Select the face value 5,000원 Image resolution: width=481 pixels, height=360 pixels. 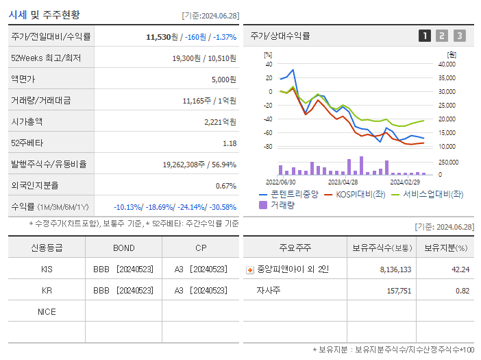pos(223,80)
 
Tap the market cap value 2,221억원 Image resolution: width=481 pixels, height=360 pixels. pos(220,122)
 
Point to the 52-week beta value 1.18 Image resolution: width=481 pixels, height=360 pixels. pos(230,143)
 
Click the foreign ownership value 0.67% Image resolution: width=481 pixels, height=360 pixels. pos(225,186)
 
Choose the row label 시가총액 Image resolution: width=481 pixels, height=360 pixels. pos(27,122)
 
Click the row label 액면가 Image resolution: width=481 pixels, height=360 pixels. pos(23,80)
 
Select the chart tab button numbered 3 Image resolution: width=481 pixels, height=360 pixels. pos(459,36)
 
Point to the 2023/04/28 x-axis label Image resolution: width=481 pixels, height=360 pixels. pos(343,182)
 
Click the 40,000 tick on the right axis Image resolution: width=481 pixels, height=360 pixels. pos(446,64)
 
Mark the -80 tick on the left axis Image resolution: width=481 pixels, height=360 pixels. pos(269,147)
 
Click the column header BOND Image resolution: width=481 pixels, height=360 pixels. pos(123,248)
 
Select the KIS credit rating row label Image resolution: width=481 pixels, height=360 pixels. pos(47,269)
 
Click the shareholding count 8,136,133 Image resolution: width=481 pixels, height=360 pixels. pos(395,269)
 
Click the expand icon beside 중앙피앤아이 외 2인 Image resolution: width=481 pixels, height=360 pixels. pos(249,270)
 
